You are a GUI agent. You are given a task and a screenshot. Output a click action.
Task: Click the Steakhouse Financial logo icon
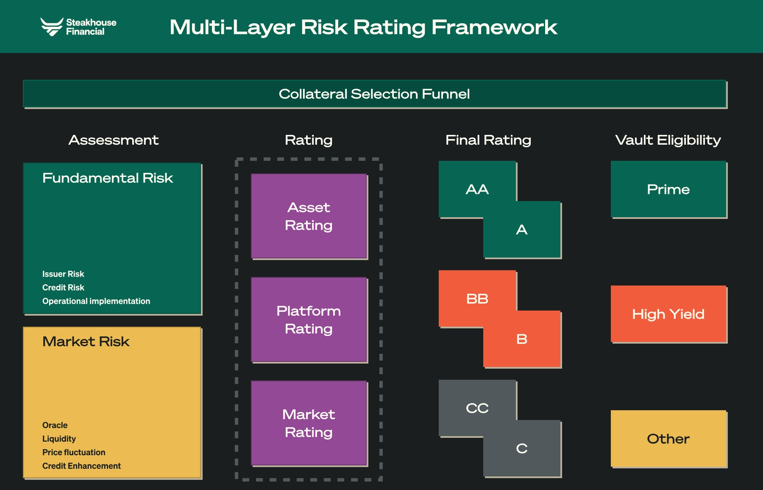click(52, 27)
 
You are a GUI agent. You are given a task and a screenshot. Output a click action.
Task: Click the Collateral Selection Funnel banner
click(375, 94)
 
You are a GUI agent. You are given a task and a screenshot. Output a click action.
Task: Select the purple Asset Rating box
click(309, 216)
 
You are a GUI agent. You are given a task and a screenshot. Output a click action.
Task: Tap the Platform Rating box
click(309, 319)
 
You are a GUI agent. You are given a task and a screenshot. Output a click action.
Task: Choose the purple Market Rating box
click(309, 423)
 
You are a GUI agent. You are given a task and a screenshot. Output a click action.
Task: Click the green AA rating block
click(477, 189)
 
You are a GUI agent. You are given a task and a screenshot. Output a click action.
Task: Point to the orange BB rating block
click(477, 299)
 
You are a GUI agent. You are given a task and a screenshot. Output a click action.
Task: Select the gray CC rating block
click(477, 408)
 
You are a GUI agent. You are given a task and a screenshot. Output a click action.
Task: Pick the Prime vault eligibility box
click(668, 189)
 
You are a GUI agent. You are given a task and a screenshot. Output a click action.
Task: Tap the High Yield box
click(668, 314)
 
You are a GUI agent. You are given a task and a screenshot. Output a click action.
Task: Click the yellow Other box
click(668, 439)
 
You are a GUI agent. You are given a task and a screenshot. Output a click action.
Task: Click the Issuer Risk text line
click(63, 274)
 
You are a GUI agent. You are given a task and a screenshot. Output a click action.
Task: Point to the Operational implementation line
click(96, 301)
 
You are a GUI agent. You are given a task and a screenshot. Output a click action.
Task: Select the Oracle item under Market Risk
click(55, 425)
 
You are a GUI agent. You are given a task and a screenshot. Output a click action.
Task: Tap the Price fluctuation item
click(74, 452)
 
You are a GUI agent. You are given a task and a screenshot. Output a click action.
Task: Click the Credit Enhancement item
click(81, 466)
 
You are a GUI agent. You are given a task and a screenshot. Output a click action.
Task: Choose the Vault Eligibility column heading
click(668, 140)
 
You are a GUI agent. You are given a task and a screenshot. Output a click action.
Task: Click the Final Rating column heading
click(488, 140)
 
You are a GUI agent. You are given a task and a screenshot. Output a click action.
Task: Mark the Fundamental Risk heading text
click(108, 178)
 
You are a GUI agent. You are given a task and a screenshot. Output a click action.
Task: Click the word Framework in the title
click(494, 27)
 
